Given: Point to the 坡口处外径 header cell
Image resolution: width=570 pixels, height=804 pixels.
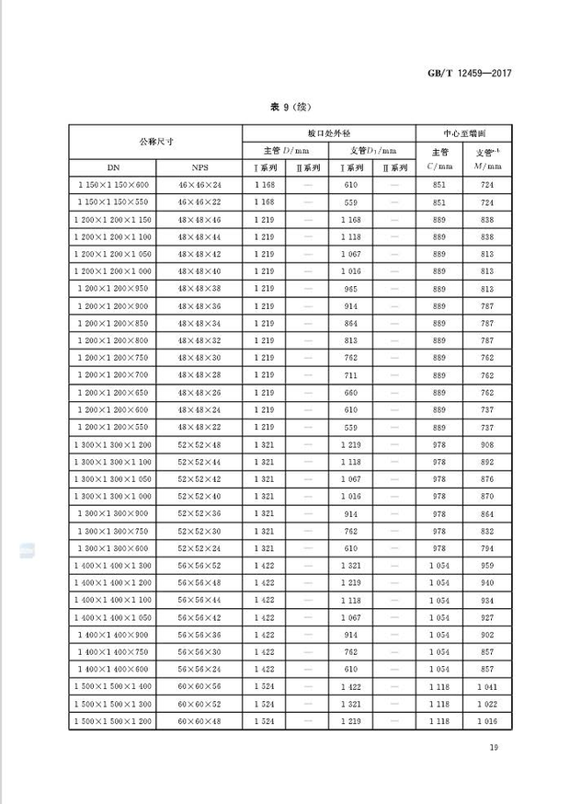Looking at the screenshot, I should coord(328,132).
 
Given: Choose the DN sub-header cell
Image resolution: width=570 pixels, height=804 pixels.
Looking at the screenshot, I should coord(112,168).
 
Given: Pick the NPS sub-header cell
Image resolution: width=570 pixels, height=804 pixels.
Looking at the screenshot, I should coord(199,168).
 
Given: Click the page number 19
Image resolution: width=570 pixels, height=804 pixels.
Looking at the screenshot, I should coord(494,748).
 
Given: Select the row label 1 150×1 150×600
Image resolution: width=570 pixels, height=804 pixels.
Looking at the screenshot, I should coord(112,185).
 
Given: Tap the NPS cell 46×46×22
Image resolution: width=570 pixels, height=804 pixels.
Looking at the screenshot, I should coord(199,202).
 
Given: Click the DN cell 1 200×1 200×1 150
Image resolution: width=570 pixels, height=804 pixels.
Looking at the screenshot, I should coord(112,220).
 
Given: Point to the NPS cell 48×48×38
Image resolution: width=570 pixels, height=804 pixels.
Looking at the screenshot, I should coord(199,288).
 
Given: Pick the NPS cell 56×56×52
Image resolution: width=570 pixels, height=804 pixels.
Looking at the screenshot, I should coord(199,566).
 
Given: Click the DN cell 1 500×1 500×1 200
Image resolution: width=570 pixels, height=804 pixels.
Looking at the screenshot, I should coord(112,722).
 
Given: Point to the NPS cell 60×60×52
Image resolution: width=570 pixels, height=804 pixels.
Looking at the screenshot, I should coord(199,705).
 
